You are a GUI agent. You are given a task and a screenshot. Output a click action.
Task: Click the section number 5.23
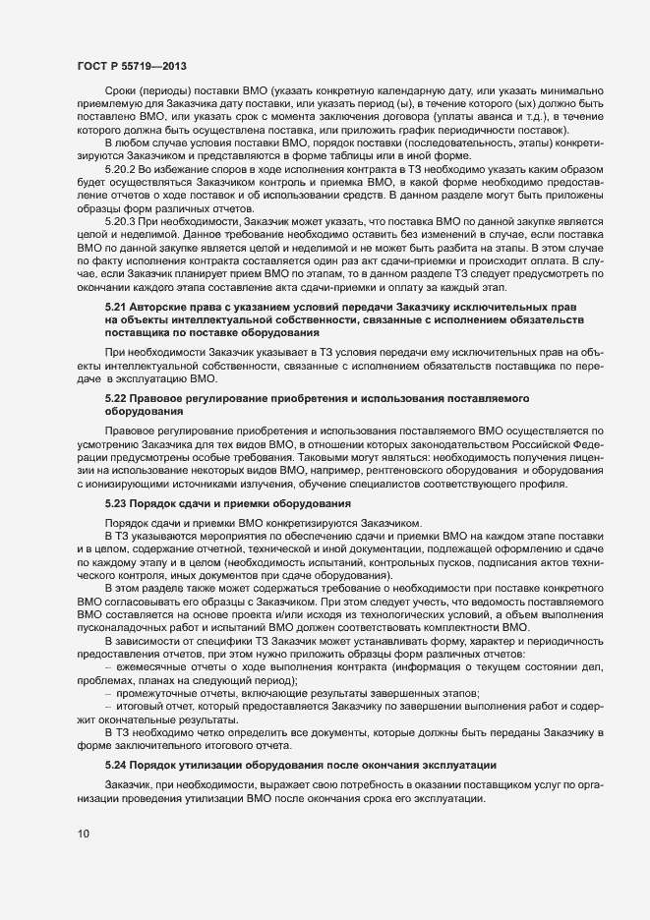click(117, 503)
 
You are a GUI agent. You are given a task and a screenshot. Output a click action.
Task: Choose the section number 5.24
click(117, 736)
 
